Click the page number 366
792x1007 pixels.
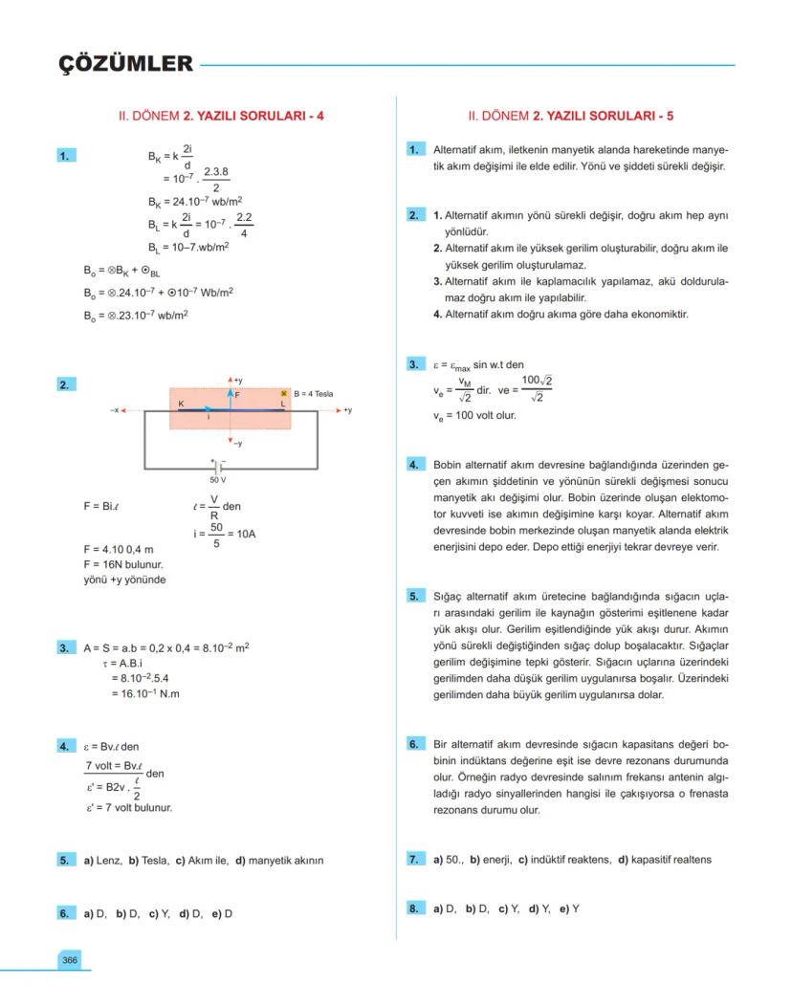tap(69, 959)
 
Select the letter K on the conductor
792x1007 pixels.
tap(180, 404)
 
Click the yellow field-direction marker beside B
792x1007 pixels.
tap(284, 393)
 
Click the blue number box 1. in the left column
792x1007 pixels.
tap(67, 154)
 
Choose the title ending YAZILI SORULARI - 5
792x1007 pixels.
tap(570, 116)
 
